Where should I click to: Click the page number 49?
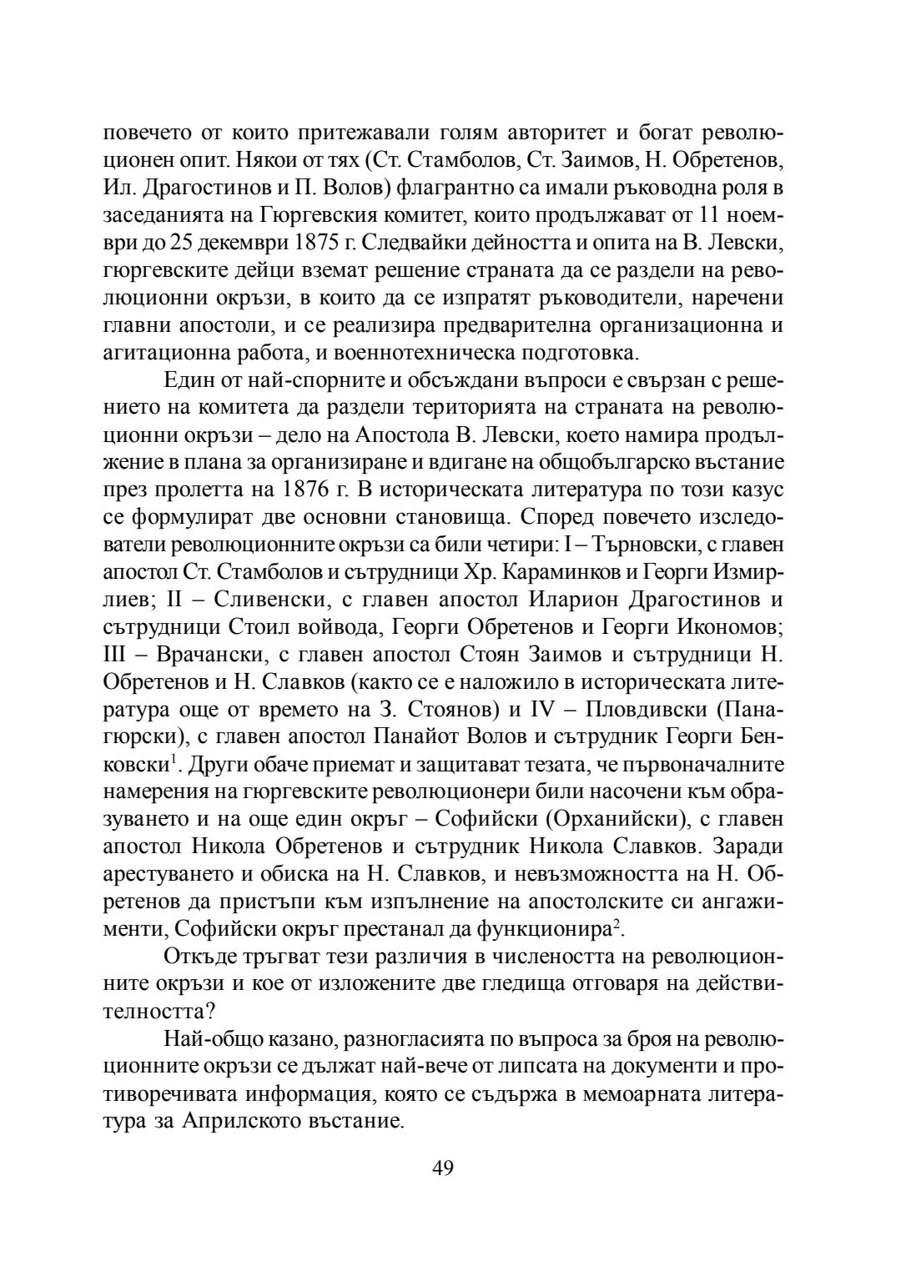(443, 1168)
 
